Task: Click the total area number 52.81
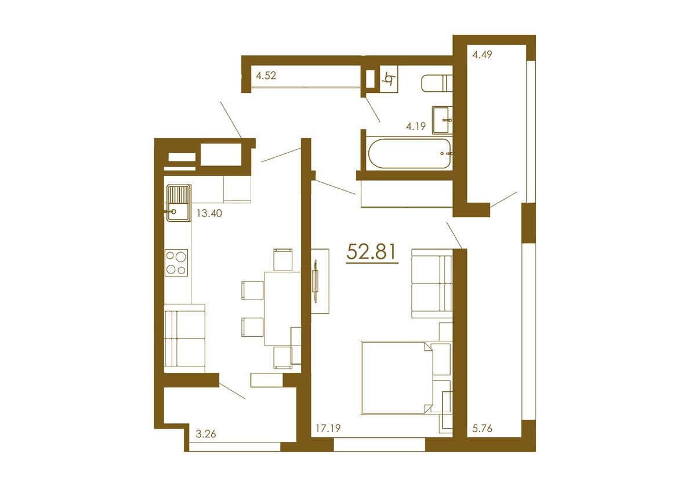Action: [371, 252]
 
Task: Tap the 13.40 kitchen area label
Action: [209, 213]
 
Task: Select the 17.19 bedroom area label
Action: [328, 429]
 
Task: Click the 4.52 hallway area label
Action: [266, 75]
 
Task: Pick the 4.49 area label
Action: [483, 55]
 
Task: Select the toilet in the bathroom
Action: [436, 82]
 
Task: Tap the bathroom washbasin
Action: [443, 120]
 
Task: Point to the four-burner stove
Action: [176, 262]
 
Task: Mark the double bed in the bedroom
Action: [397, 377]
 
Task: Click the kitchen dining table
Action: [282, 308]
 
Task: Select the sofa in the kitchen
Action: [184, 340]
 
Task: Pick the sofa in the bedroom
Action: [432, 283]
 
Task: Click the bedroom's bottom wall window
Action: [379, 445]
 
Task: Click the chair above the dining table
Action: [282, 259]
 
